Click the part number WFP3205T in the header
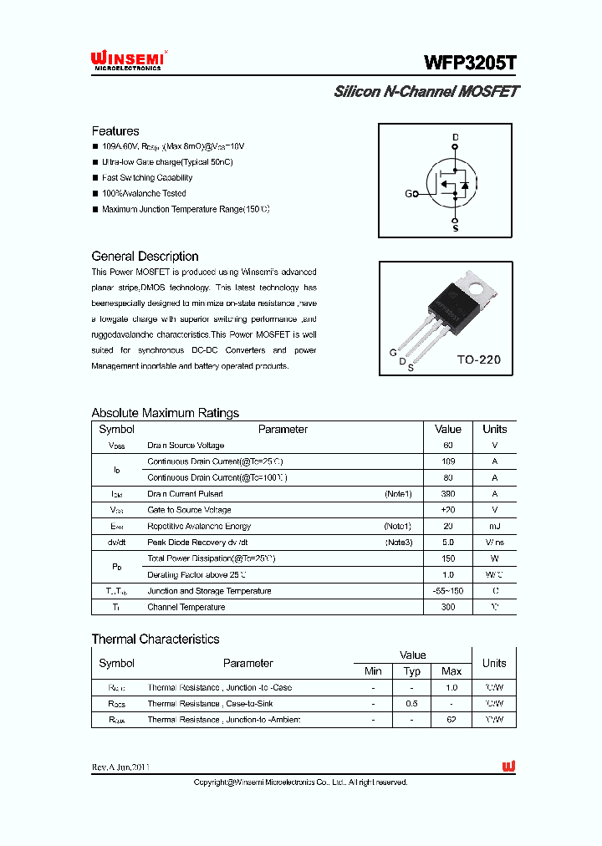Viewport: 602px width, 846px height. [470, 63]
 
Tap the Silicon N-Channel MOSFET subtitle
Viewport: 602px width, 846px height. [426, 92]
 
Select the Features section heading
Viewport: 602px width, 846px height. [115, 131]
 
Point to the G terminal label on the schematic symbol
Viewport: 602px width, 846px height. [409, 194]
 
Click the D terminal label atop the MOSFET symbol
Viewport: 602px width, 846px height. [456, 137]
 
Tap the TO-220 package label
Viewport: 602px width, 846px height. [478, 359]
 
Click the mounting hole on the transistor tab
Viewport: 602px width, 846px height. [477, 290]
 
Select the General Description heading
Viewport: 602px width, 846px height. [145, 257]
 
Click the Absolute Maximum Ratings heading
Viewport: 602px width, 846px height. [165, 413]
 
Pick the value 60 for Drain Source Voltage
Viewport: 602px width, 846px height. [448, 446]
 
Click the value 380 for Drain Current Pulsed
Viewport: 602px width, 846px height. [448, 494]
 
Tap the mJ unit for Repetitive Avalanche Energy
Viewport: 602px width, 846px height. [494, 527]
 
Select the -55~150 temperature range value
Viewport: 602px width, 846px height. [448, 591]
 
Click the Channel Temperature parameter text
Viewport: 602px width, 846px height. [186, 608]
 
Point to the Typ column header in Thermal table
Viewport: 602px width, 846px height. [412, 671]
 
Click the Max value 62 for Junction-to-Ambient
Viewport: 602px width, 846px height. [451, 720]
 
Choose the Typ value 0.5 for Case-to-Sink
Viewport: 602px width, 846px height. [412, 704]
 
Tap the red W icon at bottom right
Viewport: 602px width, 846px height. [508, 767]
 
